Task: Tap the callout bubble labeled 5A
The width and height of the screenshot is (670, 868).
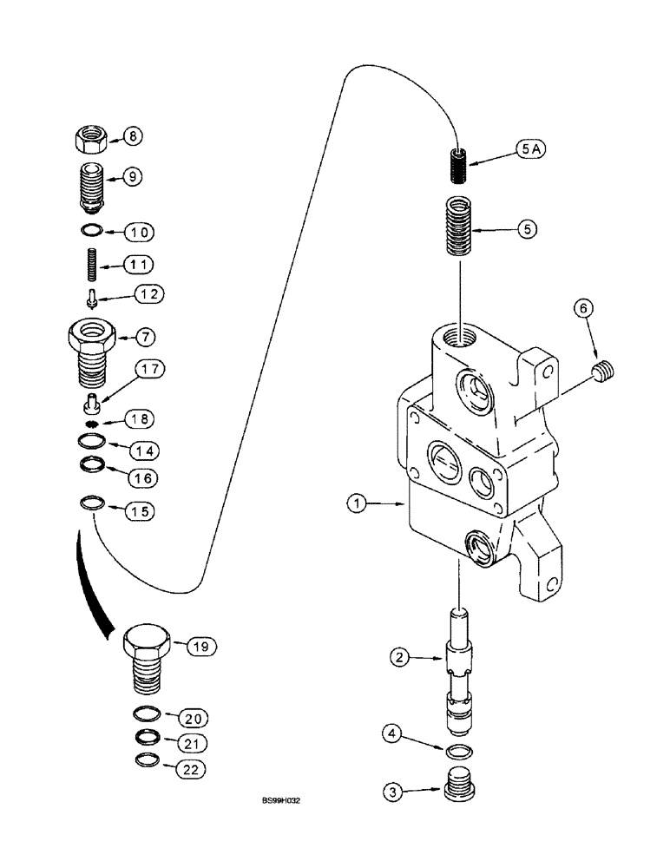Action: click(509, 150)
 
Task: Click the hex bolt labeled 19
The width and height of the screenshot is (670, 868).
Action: click(143, 658)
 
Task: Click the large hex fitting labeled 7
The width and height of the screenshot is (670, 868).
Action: click(90, 348)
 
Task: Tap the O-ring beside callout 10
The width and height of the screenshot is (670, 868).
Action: click(90, 232)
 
